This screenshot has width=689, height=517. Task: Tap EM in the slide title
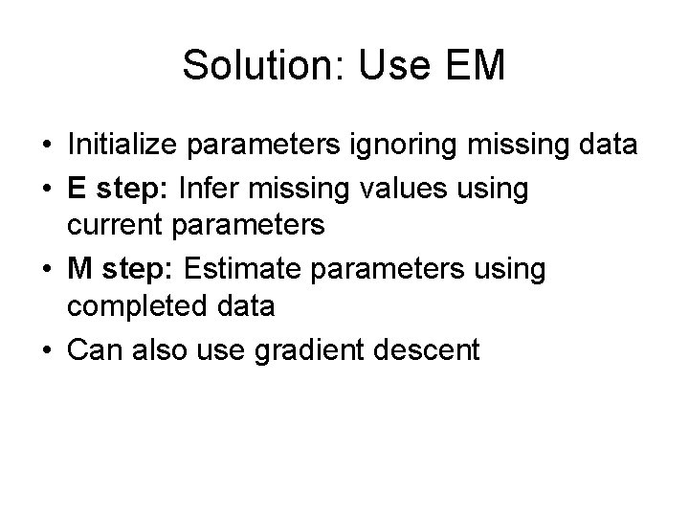click(472, 65)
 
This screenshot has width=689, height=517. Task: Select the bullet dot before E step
click(47, 190)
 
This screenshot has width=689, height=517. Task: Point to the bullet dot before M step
click(47, 270)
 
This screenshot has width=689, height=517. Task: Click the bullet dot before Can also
click(47, 350)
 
